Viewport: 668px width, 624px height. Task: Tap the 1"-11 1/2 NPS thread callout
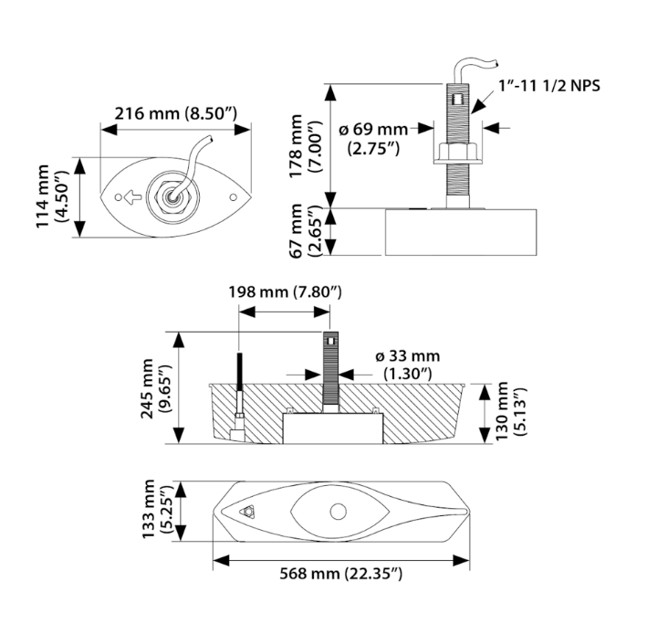point(549,85)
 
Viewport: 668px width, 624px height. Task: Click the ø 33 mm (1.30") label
point(407,365)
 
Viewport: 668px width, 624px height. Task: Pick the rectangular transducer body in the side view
point(460,232)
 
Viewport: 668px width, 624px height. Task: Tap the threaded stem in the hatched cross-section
point(330,375)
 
